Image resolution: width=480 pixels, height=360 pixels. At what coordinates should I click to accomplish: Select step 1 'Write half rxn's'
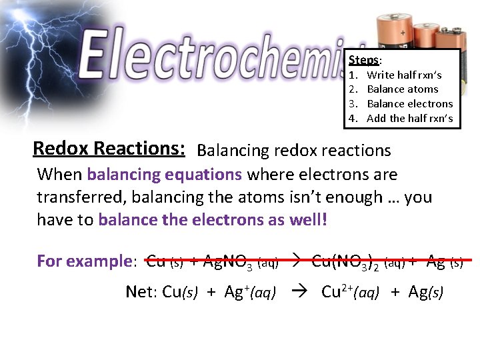coord(404,75)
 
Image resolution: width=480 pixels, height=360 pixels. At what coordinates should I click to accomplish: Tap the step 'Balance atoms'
coord(403,89)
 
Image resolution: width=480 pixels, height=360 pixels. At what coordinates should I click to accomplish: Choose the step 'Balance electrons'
coord(410,104)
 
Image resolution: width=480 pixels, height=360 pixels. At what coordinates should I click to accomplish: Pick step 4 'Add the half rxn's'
coord(409,119)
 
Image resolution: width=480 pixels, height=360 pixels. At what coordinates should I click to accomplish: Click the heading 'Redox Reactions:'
coord(109,147)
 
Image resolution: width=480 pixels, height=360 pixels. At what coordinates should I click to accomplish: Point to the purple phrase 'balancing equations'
coord(164,175)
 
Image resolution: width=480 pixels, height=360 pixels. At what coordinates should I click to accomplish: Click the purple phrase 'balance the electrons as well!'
coord(213,220)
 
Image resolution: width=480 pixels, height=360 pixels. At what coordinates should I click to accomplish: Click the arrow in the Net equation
coord(300,292)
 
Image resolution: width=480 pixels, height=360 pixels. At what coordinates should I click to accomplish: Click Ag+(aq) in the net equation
coord(249,292)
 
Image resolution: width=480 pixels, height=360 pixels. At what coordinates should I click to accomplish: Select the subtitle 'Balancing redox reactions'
coord(294,151)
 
